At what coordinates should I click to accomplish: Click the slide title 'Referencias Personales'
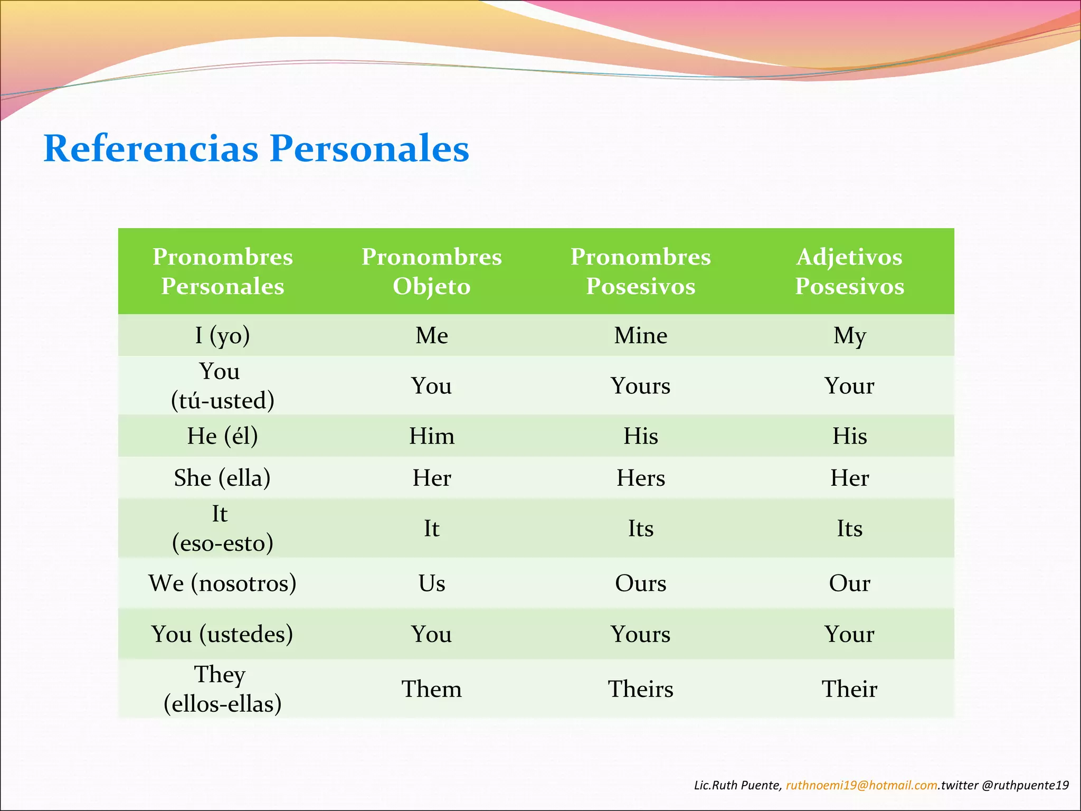pyautogui.click(x=256, y=148)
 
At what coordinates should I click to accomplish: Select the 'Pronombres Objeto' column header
pyautogui.click(x=431, y=271)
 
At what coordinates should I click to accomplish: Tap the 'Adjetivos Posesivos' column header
pyautogui.click(x=849, y=271)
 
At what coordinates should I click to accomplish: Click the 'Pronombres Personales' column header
pyautogui.click(x=222, y=271)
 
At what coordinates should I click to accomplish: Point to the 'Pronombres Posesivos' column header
pyautogui.click(x=640, y=271)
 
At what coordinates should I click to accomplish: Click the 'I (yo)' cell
pyautogui.click(x=222, y=335)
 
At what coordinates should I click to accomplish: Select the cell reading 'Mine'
pyautogui.click(x=640, y=335)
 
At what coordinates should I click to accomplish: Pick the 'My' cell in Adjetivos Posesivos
pyautogui.click(x=849, y=335)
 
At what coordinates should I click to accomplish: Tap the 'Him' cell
pyautogui.click(x=431, y=436)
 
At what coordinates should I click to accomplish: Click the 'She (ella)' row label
pyautogui.click(x=222, y=478)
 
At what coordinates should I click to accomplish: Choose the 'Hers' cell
pyautogui.click(x=640, y=478)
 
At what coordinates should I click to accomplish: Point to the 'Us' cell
pyautogui.click(x=431, y=583)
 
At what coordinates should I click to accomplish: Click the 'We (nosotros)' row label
pyautogui.click(x=222, y=583)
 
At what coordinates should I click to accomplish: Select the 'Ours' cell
pyautogui.click(x=640, y=583)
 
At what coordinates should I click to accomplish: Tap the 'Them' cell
pyautogui.click(x=431, y=689)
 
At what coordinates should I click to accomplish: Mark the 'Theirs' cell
pyautogui.click(x=640, y=689)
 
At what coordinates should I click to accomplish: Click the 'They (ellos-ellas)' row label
pyautogui.click(x=222, y=689)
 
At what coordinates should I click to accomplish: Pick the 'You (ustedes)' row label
pyautogui.click(x=222, y=634)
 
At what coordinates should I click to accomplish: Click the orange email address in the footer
pyautogui.click(x=861, y=785)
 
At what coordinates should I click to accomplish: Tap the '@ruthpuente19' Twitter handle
pyautogui.click(x=1025, y=785)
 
